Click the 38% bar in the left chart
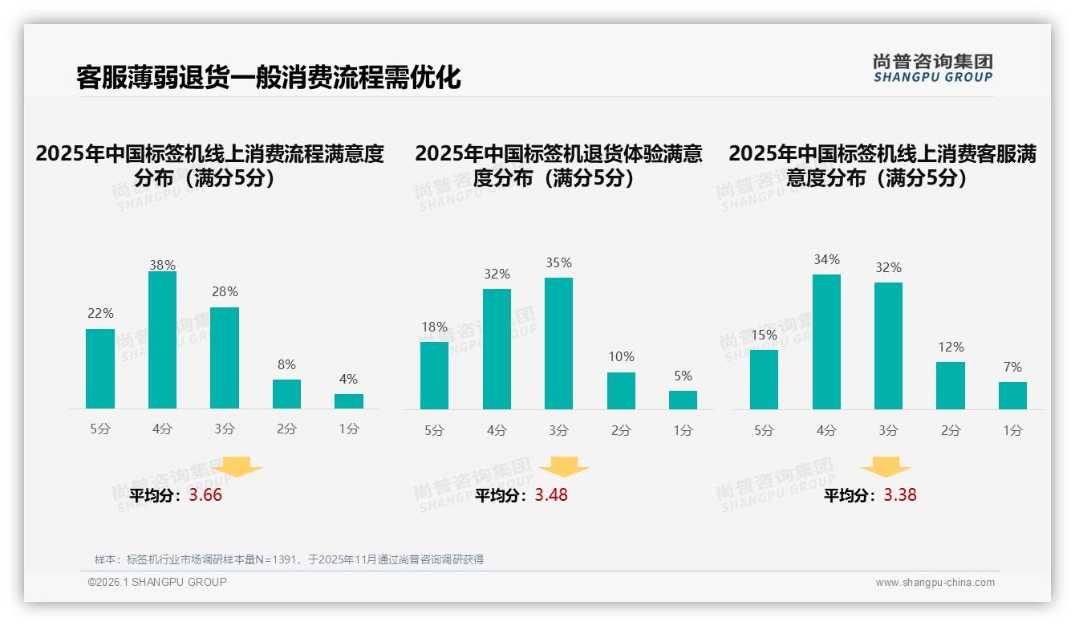point(162,340)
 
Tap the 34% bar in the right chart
point(826,342)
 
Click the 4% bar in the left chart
point(349,401)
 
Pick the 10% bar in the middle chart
point(621,391)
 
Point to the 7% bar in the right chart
point(1012,396)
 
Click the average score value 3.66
point(205,495)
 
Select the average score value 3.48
point(551,495)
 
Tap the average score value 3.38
point(900,495)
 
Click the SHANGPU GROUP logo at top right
point(932,68)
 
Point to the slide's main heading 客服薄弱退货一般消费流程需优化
point(269,77)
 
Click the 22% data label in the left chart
point(100,314)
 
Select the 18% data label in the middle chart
point(434,327)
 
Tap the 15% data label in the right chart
point(764,335)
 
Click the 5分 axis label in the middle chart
point(434,430)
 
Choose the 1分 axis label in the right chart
point(1012,430)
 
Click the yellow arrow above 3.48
point(564,467)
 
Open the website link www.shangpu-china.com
point(935,583)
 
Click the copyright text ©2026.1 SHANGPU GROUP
point(157,582)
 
